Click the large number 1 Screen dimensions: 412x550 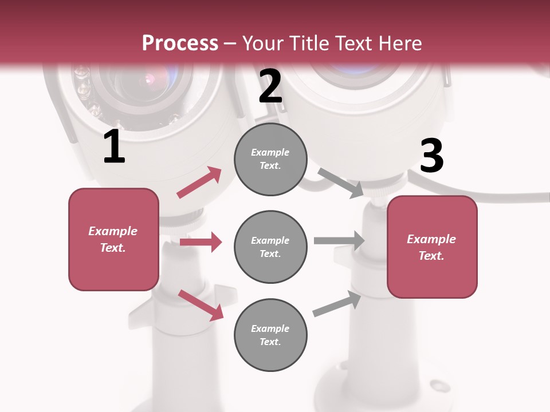114,148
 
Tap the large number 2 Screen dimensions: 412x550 270,86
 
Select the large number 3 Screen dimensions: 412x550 431,156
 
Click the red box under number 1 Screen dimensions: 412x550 113,239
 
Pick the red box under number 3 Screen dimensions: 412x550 432,247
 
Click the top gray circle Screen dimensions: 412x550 270,159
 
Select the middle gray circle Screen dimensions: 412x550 270,247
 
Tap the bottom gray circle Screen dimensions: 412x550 270,335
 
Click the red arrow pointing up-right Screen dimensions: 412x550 199,183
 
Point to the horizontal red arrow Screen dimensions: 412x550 201,242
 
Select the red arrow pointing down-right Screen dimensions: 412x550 201,304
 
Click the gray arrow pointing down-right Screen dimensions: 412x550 340,183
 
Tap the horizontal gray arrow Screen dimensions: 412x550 339,240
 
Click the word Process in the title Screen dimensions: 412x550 180,43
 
